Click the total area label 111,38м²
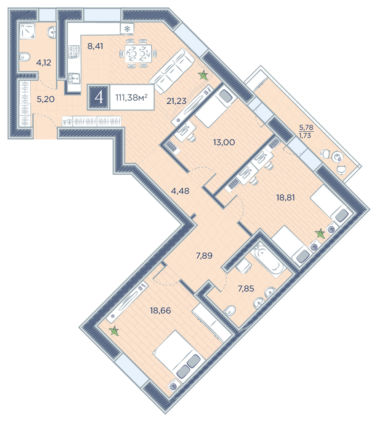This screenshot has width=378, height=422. point(131,97)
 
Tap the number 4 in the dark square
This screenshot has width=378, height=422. point(99,97)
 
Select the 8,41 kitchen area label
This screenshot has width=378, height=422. point(95,46)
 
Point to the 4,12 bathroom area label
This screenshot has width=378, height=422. point(43,63)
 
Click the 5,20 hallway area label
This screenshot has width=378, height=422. point(46,99)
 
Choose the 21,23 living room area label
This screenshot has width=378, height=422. point(176,101)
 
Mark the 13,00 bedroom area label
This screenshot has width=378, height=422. point(224,142)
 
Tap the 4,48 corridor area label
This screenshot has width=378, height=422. point(180,191)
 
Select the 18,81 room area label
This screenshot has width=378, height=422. point(286,198)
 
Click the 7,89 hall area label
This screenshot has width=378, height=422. point(204,255)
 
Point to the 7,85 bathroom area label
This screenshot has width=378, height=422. point(246,289)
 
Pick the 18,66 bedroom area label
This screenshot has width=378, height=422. point(160,311)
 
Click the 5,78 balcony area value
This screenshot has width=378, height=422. point(306,127)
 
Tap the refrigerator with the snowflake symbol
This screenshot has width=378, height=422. point(127,29)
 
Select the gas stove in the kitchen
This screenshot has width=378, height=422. point(74,51)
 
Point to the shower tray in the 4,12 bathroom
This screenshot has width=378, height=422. point(27,31)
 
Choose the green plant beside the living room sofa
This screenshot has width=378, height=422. point(203,76)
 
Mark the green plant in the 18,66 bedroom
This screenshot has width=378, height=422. point(115,331)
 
